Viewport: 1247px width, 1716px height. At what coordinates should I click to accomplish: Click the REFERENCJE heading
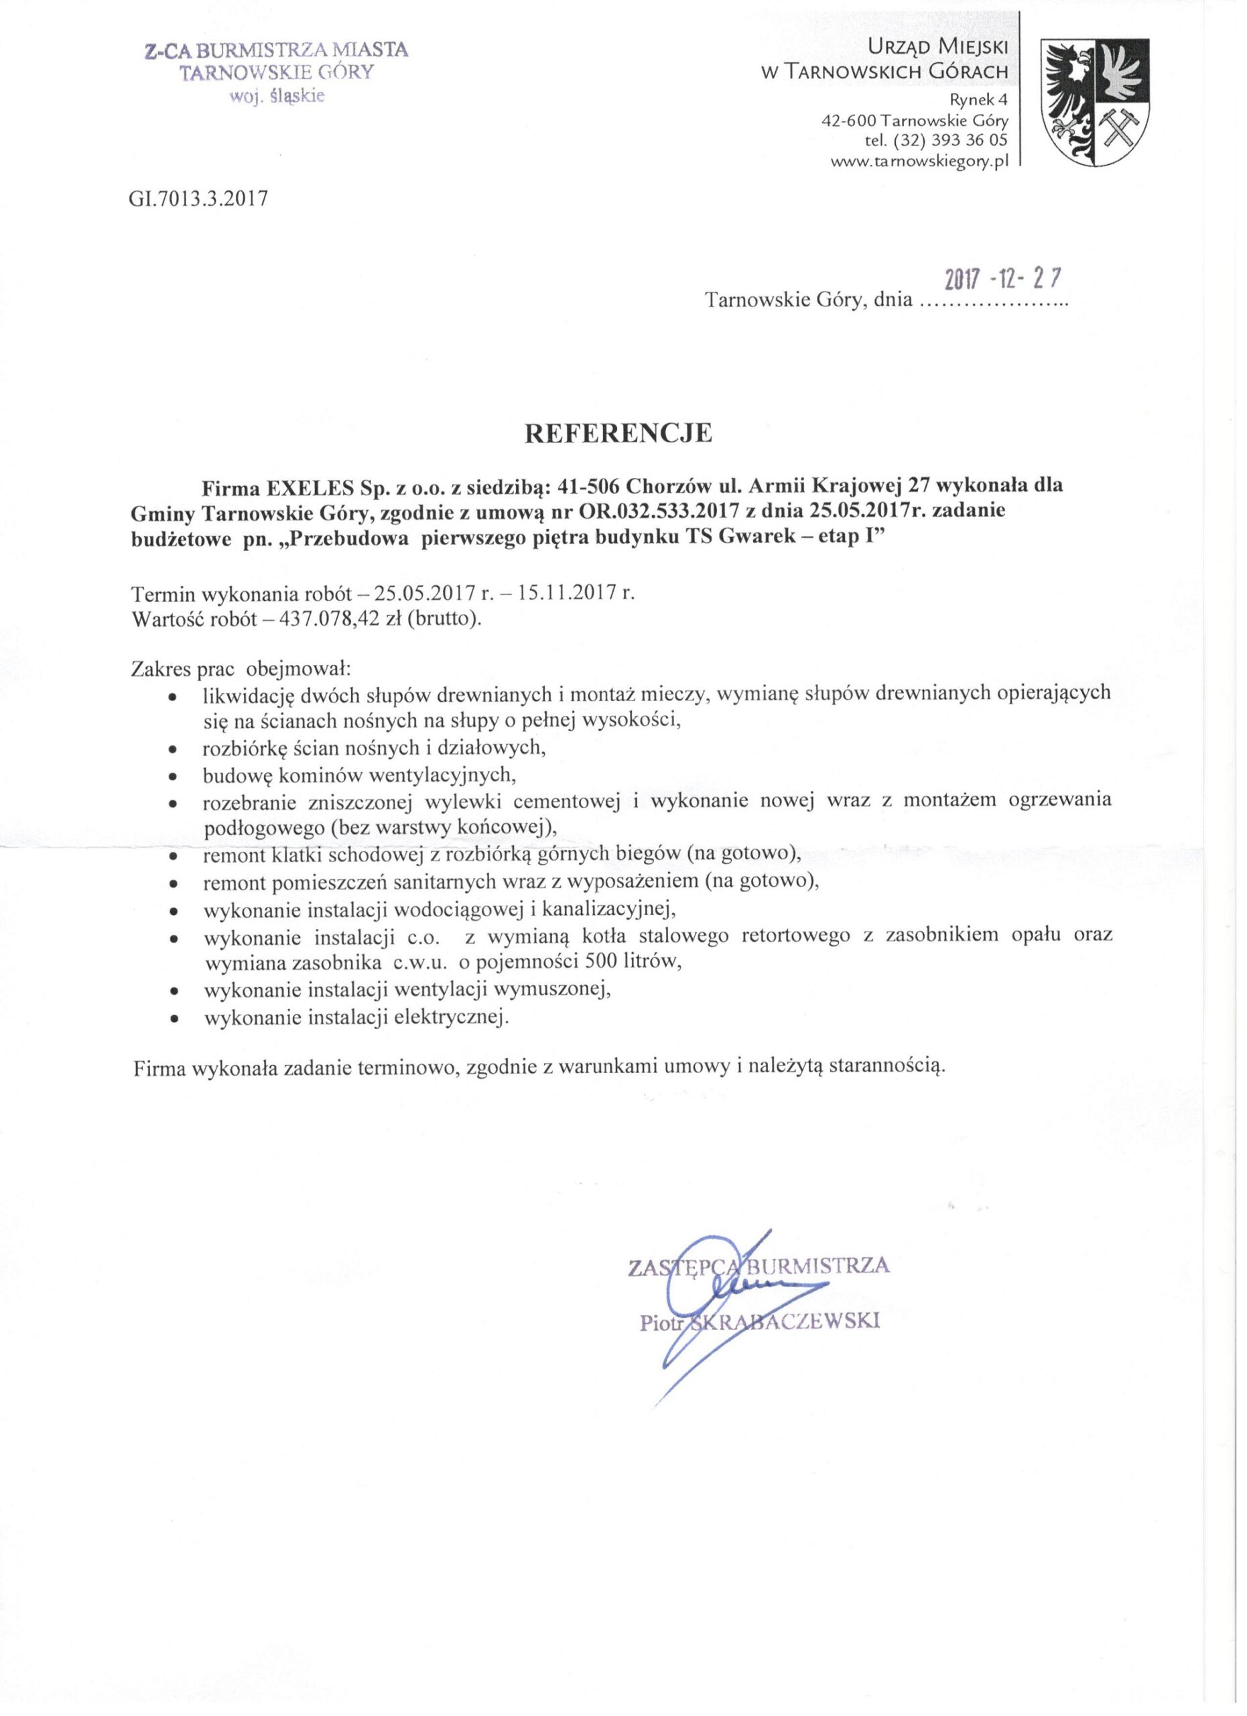[618, 434]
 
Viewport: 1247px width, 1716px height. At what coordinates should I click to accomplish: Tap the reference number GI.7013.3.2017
[200, 198]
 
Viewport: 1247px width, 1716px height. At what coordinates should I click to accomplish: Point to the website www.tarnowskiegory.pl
[919, 161]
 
